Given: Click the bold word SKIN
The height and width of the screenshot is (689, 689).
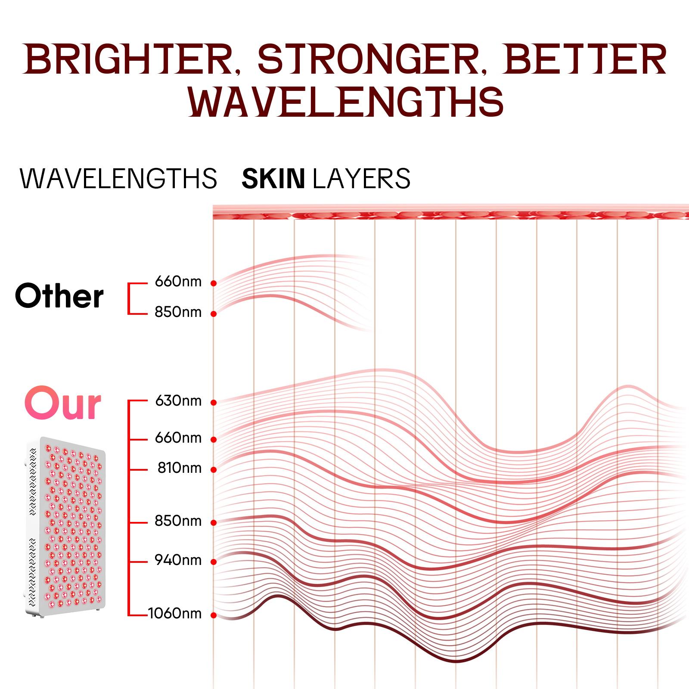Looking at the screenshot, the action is [273, 179].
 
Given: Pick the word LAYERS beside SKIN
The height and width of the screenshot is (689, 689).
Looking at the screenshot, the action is [362, 179].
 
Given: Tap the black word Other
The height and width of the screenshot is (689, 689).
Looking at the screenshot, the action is [59, 296].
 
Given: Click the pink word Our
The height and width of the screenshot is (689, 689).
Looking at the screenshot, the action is [63, 404].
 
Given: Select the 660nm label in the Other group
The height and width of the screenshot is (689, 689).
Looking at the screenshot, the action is [178, 282].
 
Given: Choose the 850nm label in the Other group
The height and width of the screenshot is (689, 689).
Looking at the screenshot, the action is [178, 312].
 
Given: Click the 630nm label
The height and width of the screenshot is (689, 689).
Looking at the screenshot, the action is [178, 401].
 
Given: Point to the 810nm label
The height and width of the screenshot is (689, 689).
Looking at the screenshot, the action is [179, 468].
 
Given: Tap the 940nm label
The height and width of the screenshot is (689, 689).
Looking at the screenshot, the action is [178, 560].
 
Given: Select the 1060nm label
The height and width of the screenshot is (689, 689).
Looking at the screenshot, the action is [174, 613].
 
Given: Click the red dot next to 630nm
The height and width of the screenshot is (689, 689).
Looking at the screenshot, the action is [213, 403].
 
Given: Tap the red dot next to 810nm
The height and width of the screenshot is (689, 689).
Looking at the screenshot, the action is [213, 469].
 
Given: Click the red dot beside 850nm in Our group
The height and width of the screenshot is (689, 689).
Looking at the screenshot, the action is [213, 523].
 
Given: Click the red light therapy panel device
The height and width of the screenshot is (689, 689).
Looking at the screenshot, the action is [65, 528].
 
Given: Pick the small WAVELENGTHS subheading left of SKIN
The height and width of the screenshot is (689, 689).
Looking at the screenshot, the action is [118, 179].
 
